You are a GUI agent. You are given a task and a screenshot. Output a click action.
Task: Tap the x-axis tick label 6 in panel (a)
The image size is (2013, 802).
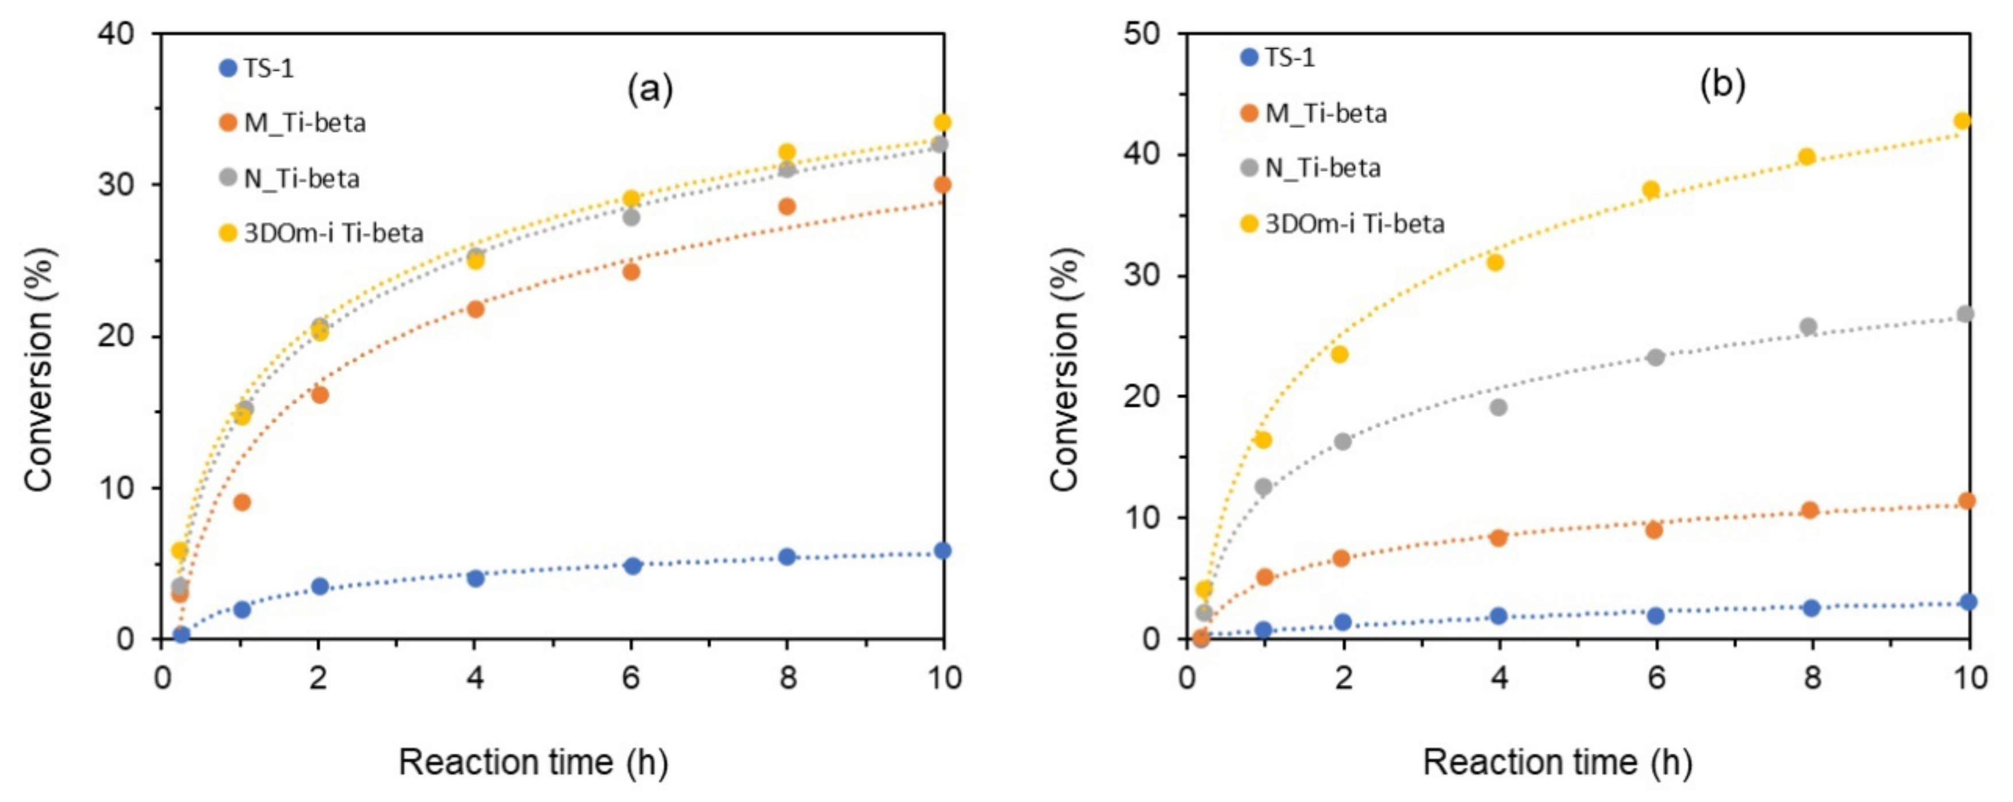(631, 677)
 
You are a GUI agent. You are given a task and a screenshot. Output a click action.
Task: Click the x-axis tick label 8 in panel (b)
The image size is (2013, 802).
(1811, 677)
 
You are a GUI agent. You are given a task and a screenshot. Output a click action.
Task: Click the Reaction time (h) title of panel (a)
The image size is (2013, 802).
(533, 762)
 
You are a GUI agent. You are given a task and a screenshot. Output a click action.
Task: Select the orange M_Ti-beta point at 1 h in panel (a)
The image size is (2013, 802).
(242, 502)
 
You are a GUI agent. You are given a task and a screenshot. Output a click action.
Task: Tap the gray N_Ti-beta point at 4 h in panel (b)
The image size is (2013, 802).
(1498, 407)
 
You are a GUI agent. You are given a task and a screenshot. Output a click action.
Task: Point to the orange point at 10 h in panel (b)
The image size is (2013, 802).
(1967, 501)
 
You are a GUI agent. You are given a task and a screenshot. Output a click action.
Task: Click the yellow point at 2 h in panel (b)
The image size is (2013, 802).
(1339, 355)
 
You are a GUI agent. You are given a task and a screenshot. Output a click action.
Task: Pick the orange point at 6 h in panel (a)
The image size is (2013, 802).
(631, 272)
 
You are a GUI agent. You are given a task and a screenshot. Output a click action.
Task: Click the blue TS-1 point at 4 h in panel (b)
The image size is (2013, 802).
(1498, 616)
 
